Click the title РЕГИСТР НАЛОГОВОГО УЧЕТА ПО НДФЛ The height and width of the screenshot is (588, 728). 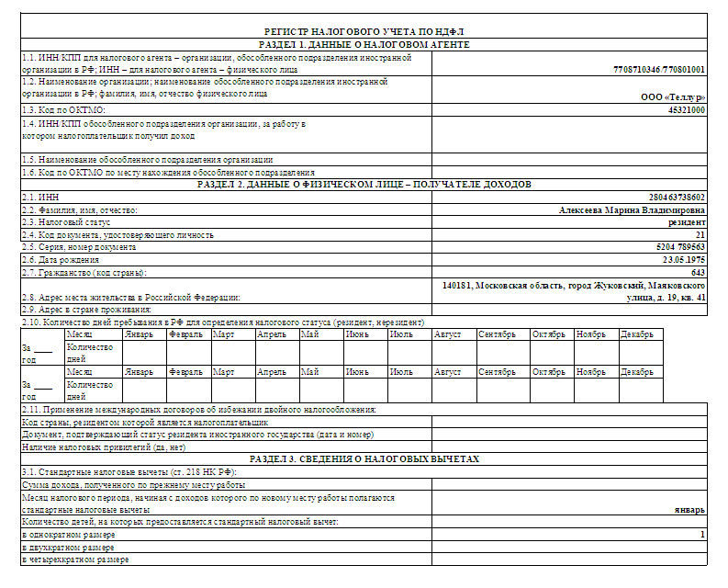point(364,32)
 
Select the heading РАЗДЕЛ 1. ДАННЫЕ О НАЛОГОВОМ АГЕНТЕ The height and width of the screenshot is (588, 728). point(364,44)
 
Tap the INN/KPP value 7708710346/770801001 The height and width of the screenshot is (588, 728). point(659,69)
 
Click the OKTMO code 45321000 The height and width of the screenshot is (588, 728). point(687,110)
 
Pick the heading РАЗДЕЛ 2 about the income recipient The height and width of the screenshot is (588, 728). point(364,184)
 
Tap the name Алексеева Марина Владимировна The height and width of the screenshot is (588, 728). point(633,209)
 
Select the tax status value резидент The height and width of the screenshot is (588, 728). point(687,221)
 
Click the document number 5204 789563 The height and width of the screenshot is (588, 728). point(676,247)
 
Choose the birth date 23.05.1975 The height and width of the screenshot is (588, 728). point(680,260)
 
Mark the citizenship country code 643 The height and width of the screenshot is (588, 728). point(698,272)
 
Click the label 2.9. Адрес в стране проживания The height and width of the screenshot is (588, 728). point(85,310)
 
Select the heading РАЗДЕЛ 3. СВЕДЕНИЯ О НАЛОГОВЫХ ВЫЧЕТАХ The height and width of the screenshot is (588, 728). point(364,458)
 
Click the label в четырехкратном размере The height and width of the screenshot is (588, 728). point(75,559)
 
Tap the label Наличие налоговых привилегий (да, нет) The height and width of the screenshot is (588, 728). point(104,447)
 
